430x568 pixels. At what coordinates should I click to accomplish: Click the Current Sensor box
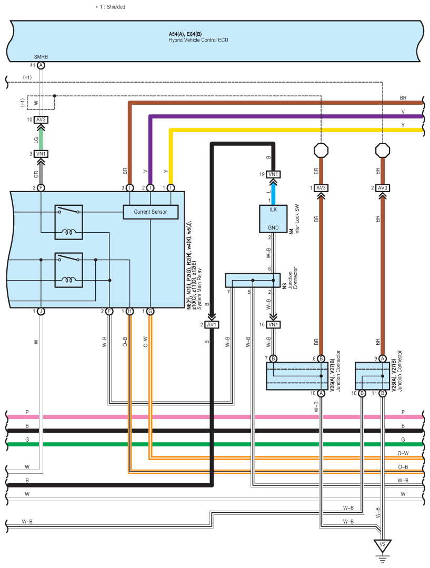pyautogui.click(x=151, y=212)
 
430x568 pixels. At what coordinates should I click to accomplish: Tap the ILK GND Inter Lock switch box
pyautogui.click(x=272, y=218)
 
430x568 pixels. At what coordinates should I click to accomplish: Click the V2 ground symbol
pyautogui.click(x=382, y=544)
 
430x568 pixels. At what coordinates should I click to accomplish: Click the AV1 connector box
pyautogui.click(x=212, y=325)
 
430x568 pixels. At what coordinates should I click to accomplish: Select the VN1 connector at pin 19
pyautogui.click(x=273, y=175)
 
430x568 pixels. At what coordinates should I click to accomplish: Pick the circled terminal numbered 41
pyautogui.click(x=41, y=65)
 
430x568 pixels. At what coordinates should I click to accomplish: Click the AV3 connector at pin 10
pyautogui.click(x=41, y=119)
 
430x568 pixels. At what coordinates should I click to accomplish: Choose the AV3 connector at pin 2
pyautogui.click(x=382, y=188)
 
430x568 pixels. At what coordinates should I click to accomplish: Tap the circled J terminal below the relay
pyautogui.click(x=41, y=312)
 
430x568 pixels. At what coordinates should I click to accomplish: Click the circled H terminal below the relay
pyautogui.click(x=129, y=312)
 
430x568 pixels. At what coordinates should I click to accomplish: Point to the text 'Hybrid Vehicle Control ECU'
pyautogui.click(x=198, y=40)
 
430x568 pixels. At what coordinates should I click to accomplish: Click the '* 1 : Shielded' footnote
pyautogui.click(x=110, y=7)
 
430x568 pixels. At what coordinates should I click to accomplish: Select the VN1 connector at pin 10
pyautogui.click(x=273, y=325)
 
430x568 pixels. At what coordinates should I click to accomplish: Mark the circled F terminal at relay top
pyautogui.click(x=41, y=187)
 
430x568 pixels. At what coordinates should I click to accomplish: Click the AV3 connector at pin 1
pyautogui.click(x=321, y=188)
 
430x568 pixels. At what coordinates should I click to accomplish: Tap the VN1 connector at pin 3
pyautogui.click(x=41, y=154)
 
